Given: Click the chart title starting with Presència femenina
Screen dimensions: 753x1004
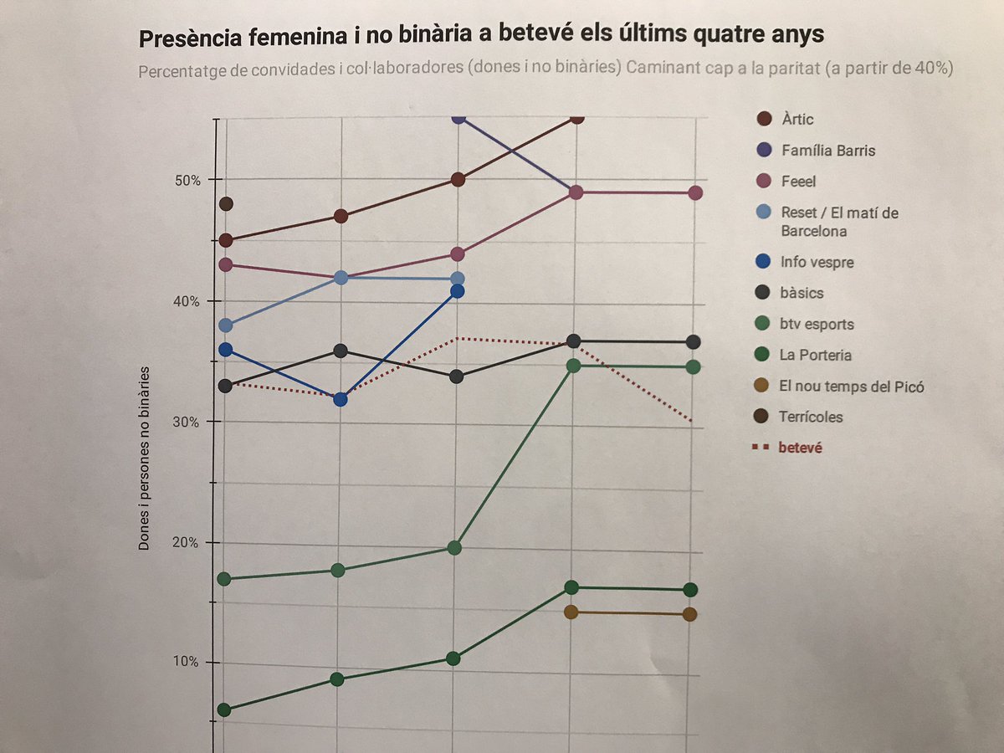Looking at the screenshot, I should (481, 37).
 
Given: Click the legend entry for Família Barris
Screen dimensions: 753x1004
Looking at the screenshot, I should (828, 151).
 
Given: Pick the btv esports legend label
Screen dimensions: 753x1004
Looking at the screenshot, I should (817, 324).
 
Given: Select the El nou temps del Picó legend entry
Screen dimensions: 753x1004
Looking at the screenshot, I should (853, 386).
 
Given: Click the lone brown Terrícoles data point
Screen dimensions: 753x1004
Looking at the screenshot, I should (225, 204).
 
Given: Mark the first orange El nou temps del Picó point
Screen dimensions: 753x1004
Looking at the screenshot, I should (572, 612).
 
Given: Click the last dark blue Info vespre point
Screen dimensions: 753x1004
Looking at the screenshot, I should (457, 291).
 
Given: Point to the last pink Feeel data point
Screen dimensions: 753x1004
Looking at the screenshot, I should (694, 193).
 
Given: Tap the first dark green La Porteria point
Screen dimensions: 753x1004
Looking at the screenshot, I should (224, 710).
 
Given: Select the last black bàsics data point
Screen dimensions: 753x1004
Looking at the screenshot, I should (693, 341).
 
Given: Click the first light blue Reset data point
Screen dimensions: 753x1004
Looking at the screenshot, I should (225, 325).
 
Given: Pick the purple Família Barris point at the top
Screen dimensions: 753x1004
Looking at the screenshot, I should (458, 118).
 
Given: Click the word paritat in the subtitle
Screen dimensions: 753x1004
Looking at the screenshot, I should (791, 69).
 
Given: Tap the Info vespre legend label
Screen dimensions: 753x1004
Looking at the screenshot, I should (817, 262).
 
